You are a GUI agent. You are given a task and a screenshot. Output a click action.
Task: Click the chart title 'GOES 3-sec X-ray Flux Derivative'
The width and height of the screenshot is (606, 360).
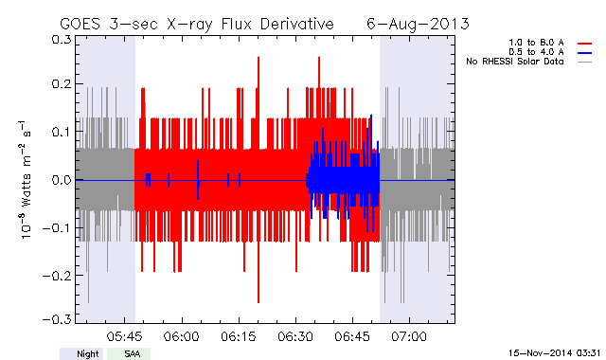click(x=197, y=24)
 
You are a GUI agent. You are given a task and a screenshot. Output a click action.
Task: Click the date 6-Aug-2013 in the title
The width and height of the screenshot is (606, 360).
click(x=418, y=24)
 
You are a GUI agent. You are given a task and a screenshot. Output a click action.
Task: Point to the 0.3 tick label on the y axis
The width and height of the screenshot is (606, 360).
click(x=62, y=40)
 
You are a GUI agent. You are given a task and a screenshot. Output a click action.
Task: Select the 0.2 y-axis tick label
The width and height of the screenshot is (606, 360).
click(x=62, y=84)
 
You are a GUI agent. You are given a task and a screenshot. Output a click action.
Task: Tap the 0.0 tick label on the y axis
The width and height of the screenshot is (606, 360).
click(x=62, y=180)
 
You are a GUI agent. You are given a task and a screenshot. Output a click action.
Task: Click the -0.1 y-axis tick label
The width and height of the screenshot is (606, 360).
click(x=57, y=227)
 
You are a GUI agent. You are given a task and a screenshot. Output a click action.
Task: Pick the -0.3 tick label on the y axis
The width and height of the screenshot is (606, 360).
click(x=57, y=319)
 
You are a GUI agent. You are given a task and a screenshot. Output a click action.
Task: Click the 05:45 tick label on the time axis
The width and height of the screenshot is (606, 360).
click(x=124, y=336)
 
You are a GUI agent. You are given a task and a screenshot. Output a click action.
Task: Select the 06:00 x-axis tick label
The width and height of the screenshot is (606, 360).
click(x=181, y=336)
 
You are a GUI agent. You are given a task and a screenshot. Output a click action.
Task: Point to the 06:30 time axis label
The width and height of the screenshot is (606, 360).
click(x=295, y=336)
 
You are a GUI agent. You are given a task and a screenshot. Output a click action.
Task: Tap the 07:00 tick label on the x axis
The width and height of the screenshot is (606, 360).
click(x=409, y=336)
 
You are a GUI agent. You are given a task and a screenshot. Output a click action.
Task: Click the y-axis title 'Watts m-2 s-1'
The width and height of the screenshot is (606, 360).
click(x=26, y=179)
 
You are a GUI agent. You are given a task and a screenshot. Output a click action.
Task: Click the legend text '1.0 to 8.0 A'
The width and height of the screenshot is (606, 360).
click(x=536, y=43)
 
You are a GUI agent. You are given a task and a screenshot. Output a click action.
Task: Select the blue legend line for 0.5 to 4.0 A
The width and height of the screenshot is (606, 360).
click(x=585, y=53)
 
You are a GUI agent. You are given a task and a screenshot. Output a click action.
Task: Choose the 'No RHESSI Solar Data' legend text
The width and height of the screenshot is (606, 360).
click(x=515, y=62)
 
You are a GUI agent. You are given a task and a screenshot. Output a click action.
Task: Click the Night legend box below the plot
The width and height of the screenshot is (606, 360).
click(x=81, y=353)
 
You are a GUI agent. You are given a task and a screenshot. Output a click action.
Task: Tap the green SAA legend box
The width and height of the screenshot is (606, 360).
click(x=129, y=353)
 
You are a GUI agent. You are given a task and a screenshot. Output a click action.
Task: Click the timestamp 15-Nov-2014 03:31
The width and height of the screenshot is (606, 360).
click(x=554, y=353)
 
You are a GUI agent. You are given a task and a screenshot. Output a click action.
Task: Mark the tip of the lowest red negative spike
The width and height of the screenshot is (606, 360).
click(x=258, y=303)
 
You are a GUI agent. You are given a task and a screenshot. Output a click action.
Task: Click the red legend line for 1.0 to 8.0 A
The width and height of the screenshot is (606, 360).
click(x=585, y=44)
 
